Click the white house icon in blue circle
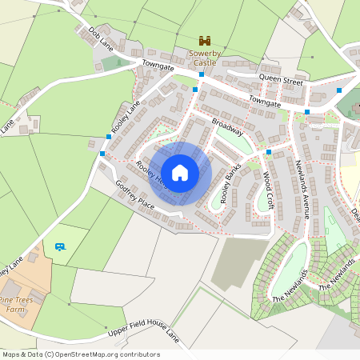coord(180,172)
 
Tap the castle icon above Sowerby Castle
coord(204,40)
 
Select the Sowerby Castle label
coord(204,58)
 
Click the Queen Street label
coord(281,81)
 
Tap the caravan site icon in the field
coord(59,246)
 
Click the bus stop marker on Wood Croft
coord(269,152)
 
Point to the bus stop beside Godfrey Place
coord(102,154)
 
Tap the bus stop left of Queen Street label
coord(202,74)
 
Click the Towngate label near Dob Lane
coord(158,66)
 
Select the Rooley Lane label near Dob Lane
coord(126,117)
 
